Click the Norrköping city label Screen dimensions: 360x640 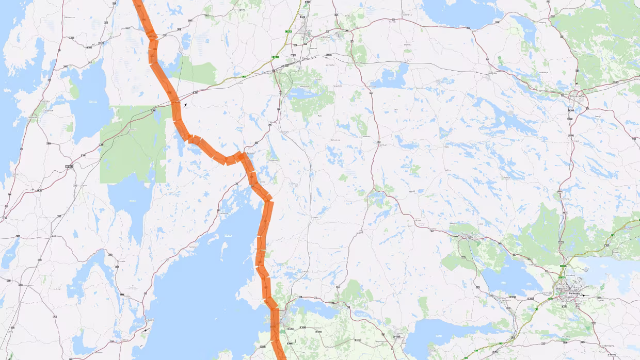(x=571, y=293)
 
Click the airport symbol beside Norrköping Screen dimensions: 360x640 (x=583, y=296)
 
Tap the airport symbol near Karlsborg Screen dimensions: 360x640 (x=146, y=330)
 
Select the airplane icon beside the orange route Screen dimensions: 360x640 (x=186, y=105)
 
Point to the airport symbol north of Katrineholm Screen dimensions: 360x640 (x=577, y=84)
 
